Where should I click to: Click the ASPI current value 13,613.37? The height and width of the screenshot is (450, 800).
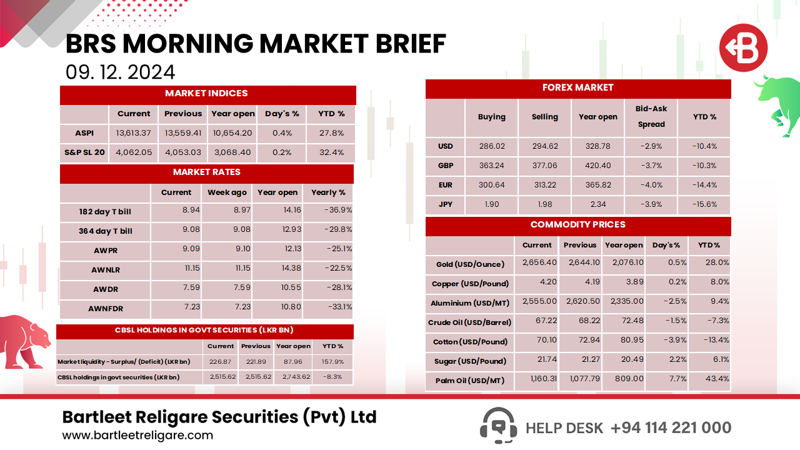click(134, 133)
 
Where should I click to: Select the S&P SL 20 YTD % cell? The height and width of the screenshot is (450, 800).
click(331, 152)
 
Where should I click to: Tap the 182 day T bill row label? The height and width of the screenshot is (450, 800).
click(105, 212)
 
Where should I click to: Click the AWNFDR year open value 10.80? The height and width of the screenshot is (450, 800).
click(277, 307)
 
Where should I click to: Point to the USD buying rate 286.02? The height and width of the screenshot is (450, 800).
click(491, 146)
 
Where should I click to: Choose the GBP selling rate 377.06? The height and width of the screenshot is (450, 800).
click(544, 166)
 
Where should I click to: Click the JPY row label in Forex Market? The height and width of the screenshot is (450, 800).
click(445, 204)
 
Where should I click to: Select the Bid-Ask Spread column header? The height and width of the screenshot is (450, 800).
click(651, 116)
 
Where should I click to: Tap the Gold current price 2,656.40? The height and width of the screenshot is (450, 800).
click(537, 263)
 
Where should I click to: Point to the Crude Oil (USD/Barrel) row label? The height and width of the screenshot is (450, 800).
click(470, 322)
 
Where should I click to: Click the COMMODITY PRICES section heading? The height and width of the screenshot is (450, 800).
click(577, 225)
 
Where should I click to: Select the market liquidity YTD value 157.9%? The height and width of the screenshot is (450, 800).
click(332, 361)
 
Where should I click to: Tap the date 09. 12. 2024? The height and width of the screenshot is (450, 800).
click(120, 72)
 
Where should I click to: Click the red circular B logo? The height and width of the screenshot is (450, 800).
click(742, 48)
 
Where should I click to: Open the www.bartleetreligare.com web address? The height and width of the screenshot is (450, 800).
click(137, 435)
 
